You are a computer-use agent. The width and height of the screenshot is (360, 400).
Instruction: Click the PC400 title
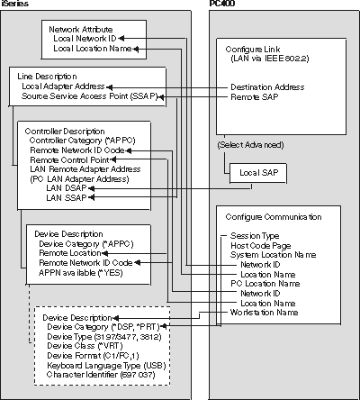(220, 5)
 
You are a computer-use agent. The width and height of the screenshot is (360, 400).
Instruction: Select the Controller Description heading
(69, 130)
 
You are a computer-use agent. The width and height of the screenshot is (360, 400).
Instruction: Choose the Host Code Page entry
(262, 245)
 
